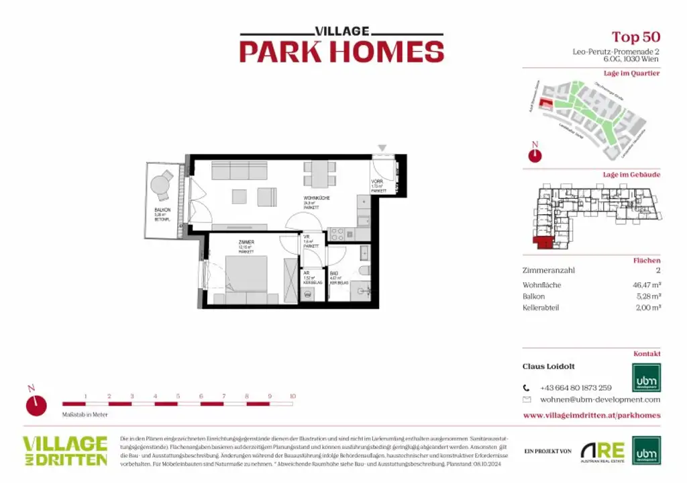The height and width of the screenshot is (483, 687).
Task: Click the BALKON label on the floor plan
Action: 162,210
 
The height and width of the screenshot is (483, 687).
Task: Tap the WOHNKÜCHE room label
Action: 315,199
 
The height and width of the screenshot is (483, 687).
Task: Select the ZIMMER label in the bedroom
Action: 246,241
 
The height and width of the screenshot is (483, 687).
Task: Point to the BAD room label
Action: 334,273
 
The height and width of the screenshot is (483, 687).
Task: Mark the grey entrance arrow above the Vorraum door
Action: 382,147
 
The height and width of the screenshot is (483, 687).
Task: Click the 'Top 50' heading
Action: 635,37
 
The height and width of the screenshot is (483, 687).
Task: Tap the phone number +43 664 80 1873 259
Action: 576,388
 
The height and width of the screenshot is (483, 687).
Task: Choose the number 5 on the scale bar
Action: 178,396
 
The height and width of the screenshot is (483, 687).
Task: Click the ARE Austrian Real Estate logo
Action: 602,451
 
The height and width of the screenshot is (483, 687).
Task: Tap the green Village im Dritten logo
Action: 65,451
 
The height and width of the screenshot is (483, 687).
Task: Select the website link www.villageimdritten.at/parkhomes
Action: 591,415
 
